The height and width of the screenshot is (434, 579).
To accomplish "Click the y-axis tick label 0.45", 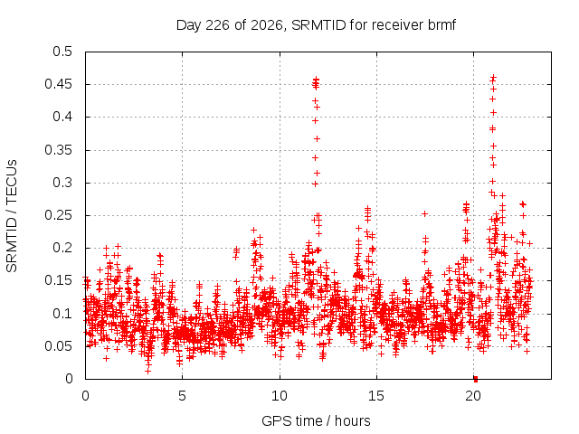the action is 58,84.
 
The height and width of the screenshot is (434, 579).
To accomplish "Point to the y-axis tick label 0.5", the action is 62,52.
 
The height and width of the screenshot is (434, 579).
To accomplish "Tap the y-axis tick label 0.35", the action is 58,150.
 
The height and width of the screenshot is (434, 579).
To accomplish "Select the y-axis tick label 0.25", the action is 58,215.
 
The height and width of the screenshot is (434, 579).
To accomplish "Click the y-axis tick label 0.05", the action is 58,346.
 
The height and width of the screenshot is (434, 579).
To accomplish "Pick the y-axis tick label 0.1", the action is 62,314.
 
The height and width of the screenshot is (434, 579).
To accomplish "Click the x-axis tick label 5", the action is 182,396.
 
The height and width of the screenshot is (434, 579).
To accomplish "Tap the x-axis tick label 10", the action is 280,396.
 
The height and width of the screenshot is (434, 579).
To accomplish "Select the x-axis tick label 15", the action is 376,396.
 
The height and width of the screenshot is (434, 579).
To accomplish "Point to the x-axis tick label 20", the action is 473,396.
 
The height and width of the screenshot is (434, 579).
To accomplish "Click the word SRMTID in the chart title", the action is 318,25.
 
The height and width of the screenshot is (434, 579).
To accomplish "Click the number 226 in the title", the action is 218,25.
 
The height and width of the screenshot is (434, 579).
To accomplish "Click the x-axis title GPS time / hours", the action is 316,420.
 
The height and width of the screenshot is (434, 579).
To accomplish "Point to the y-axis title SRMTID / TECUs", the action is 12,216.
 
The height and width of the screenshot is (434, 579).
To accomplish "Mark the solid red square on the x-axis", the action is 476,379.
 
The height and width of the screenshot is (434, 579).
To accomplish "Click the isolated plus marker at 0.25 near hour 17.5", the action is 424,213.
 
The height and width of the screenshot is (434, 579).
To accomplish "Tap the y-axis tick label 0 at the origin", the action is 69,379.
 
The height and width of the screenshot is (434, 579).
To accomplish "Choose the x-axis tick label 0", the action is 85,396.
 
